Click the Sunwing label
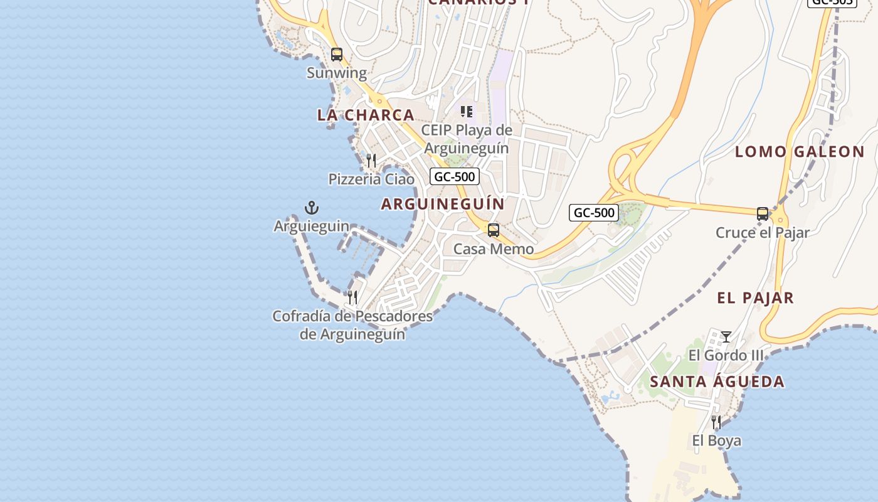click(337, 73)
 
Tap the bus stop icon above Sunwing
click(337, 55)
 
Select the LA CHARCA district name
click(366, 115)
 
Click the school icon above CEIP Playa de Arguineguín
click(467, 112)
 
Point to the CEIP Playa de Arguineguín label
click(467, 139)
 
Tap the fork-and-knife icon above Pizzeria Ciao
click(371, 161)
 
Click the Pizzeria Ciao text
click(371, 179)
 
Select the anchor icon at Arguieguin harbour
click(312, 208)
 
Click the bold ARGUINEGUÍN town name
click(443, 204)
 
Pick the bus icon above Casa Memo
click(494, 230)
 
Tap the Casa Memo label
click(494, 249)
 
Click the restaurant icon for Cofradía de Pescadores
click(352, 297)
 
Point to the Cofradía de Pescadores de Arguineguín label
click(352, 325)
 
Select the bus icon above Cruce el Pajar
click(763, 214)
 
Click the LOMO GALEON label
click(800, 151)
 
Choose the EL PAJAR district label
click(756, 298)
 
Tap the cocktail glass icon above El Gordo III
click(726, 337)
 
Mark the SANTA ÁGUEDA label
click(717, 382)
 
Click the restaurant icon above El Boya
click(716, 422)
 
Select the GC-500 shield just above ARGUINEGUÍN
click(455, 176)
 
